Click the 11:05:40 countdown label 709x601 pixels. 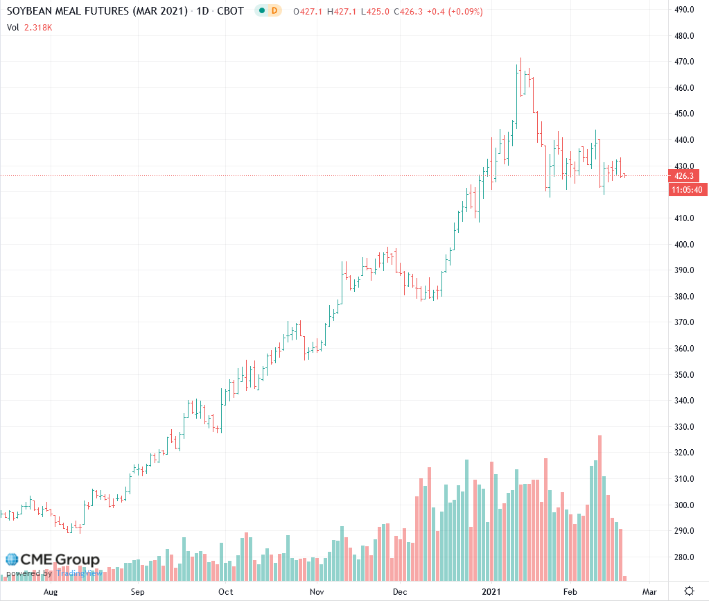pos(685,190)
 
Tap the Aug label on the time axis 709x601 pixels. pos(50,592)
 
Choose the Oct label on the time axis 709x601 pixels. pos(225,592)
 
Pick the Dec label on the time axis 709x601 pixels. pos(400,592)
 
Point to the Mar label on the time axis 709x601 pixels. pos(649,592)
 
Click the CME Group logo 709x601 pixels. pos(53,559)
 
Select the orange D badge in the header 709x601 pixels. pos(275,12)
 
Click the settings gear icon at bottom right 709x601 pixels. pos(689,591)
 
